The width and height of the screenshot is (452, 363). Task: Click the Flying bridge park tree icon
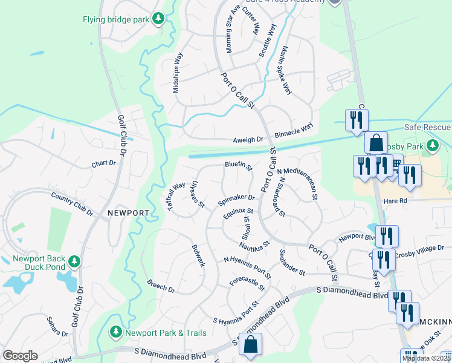point(159,19)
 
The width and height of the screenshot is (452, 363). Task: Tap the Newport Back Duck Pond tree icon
point(74,262)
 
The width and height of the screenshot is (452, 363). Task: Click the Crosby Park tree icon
point(433,146)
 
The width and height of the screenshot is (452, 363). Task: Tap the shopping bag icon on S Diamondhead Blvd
point(250,345)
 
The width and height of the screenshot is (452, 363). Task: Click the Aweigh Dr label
point(248,140)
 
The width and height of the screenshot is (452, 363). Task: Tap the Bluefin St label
point(238,164)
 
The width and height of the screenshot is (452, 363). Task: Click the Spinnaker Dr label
point(237,198)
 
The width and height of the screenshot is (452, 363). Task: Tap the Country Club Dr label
point(73,204)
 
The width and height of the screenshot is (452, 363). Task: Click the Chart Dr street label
point(103,163)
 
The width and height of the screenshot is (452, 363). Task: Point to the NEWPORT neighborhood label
point(128,213)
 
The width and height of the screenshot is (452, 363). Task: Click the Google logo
point(20,356)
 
